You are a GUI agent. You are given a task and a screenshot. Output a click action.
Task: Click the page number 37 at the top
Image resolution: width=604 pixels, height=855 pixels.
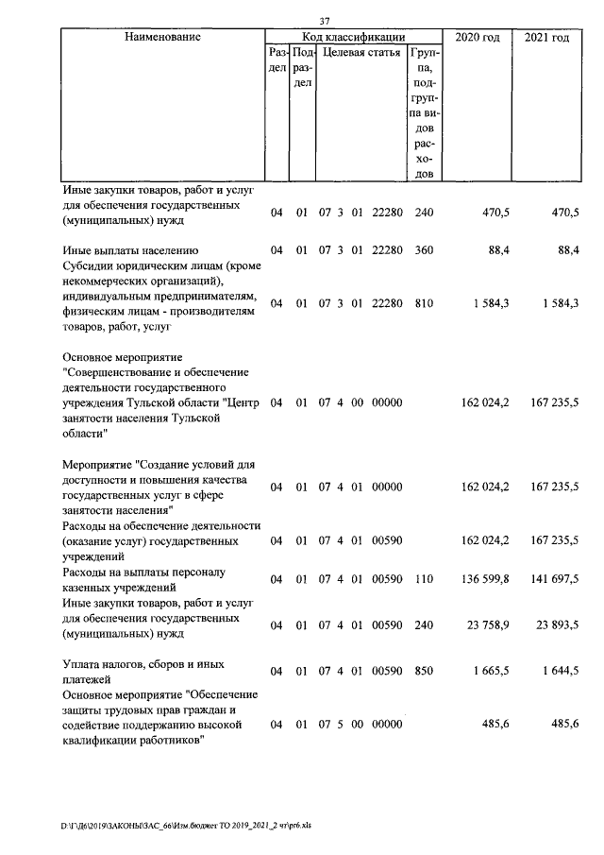(325, 22)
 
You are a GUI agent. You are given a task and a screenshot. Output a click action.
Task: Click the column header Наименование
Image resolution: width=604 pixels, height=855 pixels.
(162, 37)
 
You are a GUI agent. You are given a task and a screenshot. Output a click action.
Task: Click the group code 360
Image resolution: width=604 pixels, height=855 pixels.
(424, 250)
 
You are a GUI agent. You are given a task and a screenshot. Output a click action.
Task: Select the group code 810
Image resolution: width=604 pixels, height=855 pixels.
(424, 303)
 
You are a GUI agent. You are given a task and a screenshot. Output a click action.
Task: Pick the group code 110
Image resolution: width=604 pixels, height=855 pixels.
(424, 579)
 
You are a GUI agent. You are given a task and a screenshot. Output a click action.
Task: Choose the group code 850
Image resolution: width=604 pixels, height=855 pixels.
(424, 672)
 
